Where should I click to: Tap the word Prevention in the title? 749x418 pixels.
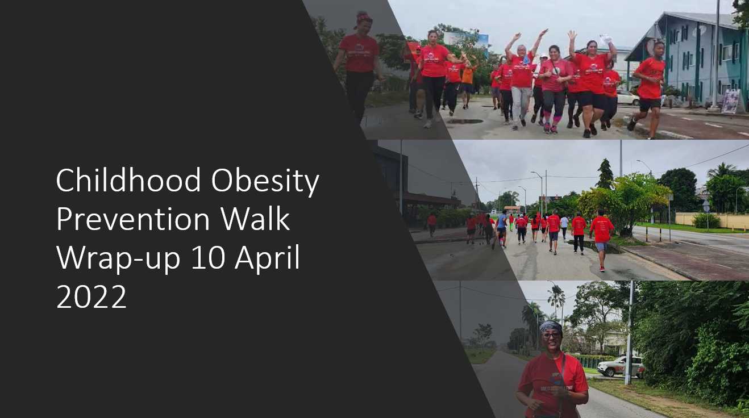coord(133,219)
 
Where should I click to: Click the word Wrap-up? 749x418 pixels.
coord(118,258)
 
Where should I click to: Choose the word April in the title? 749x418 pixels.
coord(267,258)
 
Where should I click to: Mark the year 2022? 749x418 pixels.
coord(91,296)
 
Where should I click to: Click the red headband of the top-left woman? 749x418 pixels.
coord(363,19)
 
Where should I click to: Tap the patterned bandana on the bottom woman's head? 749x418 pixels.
coord(550,327)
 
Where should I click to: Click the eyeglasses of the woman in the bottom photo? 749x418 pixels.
coord(551,335)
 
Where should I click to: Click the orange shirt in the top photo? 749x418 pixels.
coord(468,76)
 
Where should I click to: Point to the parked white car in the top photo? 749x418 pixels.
coord(627,98)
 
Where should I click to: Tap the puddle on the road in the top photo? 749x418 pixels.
coord(465,122)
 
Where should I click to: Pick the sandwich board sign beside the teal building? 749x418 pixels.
coord(731,101)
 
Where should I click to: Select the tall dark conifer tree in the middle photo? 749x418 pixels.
coord(606,174)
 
